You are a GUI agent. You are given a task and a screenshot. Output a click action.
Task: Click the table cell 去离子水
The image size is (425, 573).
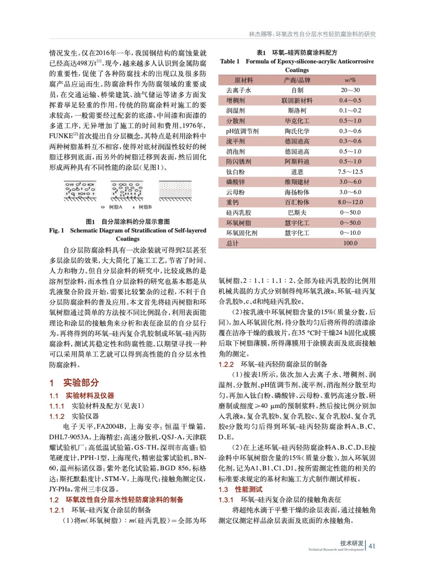(x=238, y=90)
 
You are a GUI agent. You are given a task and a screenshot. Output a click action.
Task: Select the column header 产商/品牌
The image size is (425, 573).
(x=297, y=80)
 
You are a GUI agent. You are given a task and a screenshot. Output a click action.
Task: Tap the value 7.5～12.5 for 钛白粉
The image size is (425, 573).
(x=350, y=172)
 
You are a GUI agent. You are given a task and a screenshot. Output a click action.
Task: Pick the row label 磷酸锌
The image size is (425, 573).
(x=235, y=182)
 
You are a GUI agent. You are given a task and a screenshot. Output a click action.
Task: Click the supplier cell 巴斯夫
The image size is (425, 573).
(x=297, y=213)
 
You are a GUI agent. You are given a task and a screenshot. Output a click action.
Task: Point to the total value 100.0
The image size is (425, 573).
(x=350, y=243)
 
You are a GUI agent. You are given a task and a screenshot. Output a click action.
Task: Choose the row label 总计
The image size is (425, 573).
(x=232, y=243)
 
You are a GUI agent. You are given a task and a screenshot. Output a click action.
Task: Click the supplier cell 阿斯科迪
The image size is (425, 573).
(x=297, y=162)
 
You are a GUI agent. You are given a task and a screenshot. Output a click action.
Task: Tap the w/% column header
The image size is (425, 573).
(x=350, y=80)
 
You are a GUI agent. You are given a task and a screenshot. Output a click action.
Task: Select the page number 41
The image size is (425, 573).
(x=372, y=546)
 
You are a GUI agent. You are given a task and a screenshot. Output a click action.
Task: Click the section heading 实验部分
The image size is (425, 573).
(x=81, y=382)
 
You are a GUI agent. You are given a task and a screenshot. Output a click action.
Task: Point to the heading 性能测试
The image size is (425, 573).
(x=248, y=489)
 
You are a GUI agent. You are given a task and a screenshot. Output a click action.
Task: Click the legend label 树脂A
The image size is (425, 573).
(x=116, y=207)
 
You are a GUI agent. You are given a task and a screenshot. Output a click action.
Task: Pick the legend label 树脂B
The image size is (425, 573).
(x=145, y=207)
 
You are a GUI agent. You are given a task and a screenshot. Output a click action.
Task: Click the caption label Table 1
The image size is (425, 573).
(x=230, y=62)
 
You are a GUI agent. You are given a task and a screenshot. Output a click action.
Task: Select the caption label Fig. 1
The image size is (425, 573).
(x=57, y=230)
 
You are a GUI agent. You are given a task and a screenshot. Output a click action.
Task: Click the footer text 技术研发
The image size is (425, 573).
(x=352, y=543)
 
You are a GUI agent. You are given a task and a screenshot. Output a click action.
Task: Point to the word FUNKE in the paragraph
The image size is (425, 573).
(x=61, y=136)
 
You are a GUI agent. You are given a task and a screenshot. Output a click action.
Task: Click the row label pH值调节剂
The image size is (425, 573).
(x=242, y=131)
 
